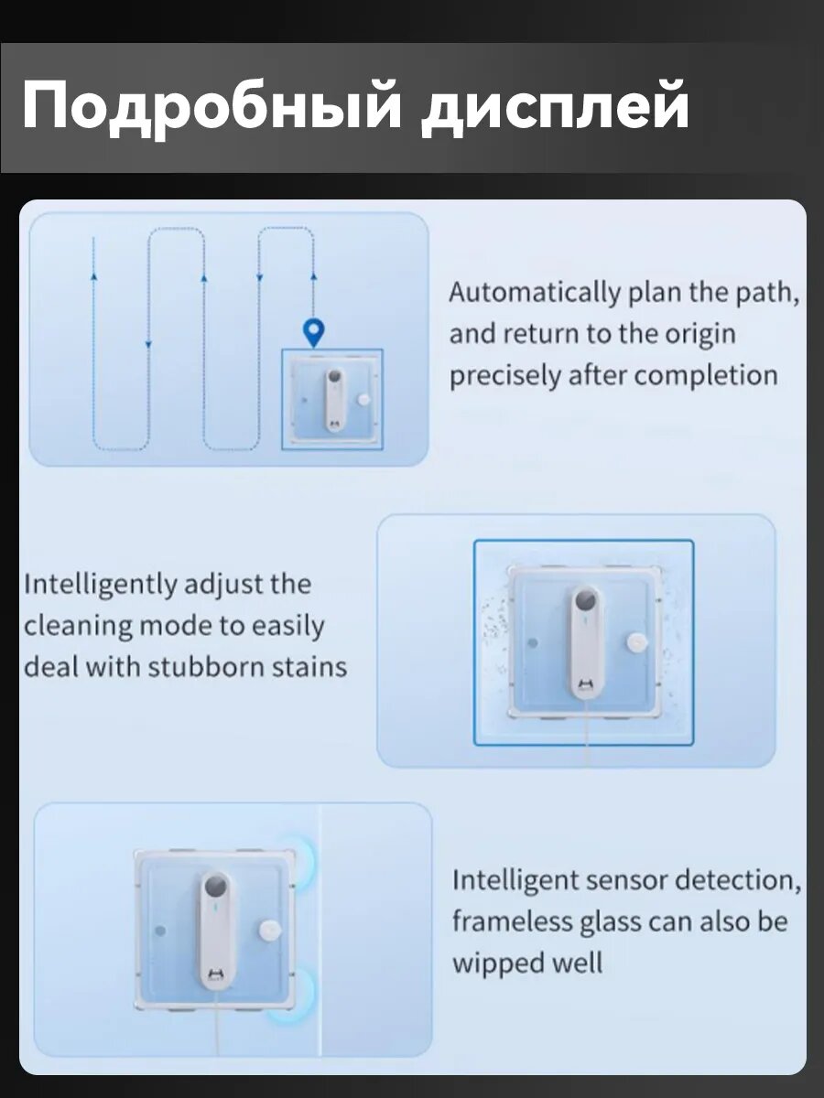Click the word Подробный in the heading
211,109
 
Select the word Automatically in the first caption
535,293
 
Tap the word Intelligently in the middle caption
100,586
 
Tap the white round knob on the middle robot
637,643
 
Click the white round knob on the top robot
363,400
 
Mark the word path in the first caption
767,293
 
